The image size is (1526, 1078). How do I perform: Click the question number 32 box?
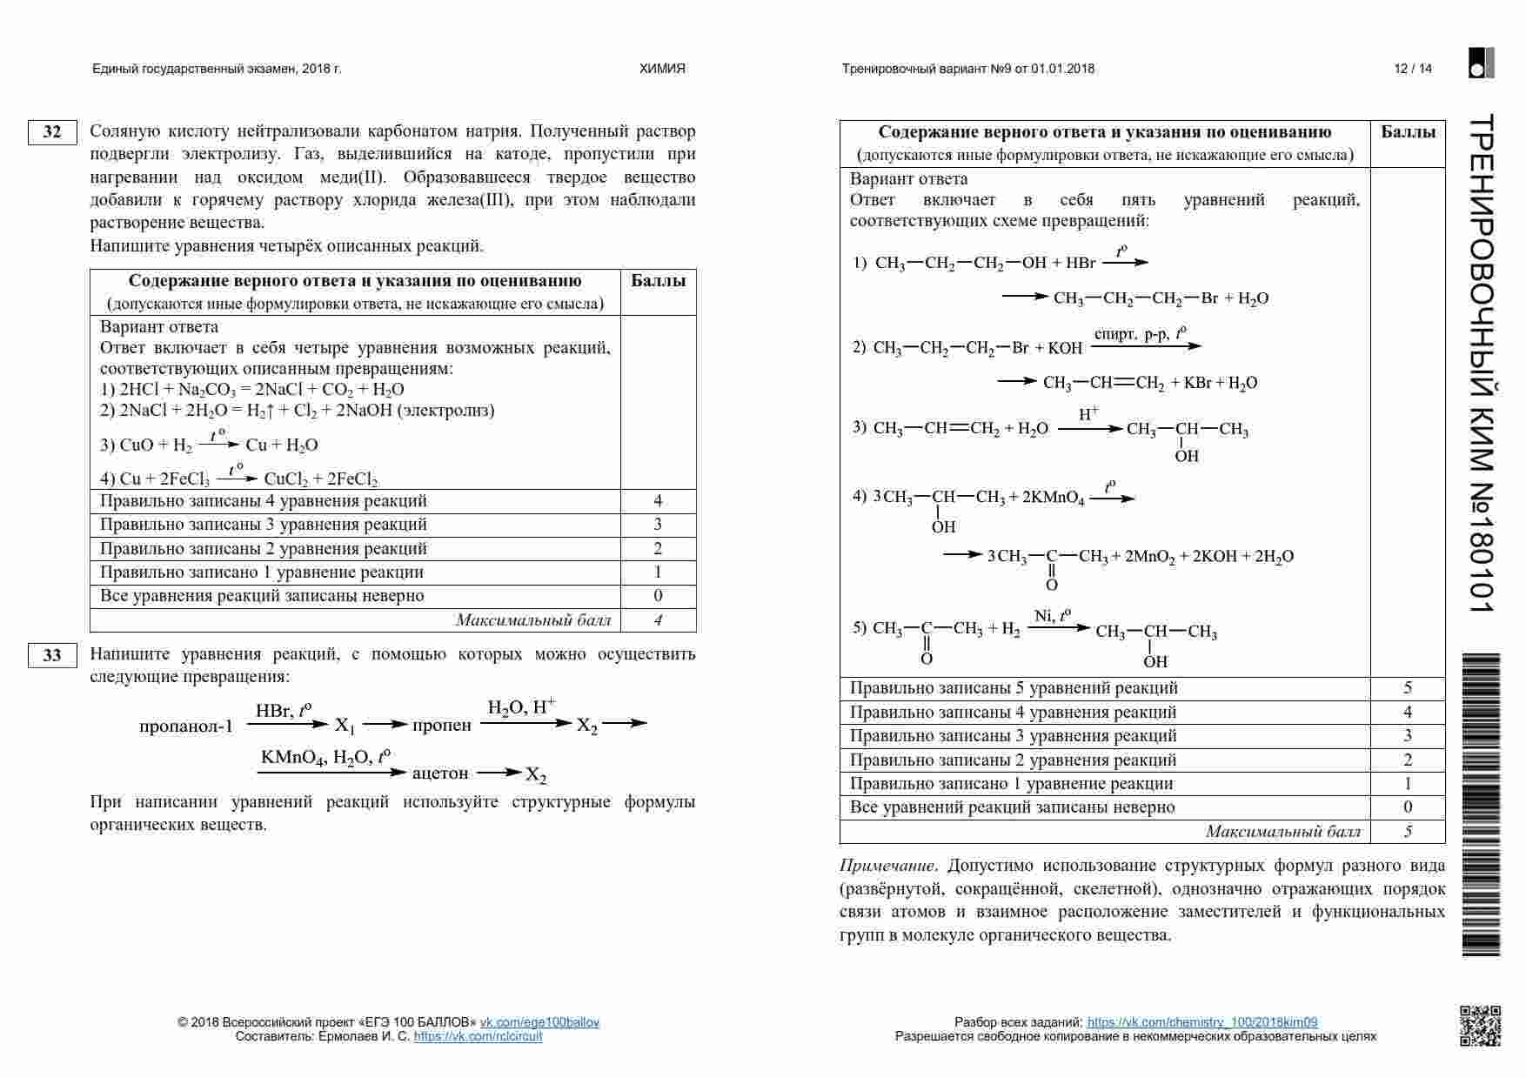coord(52,132)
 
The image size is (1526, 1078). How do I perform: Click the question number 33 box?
coord(52,655)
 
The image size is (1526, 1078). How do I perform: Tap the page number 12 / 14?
coord(1413,69)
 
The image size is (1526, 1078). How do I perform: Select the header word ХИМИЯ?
coord(663,69)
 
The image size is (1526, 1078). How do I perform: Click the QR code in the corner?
coord(1480,1025)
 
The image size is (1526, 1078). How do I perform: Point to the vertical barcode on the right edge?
coord(1481,805)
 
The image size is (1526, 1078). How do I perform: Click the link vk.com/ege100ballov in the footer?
coord(539,1022)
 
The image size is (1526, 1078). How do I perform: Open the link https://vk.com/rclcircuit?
coord(478,1036)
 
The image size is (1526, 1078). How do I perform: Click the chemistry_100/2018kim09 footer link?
coord(1202,1022)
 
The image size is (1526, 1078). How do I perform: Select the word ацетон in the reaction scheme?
coord(440,773)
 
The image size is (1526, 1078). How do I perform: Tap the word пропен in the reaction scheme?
coord(442,726)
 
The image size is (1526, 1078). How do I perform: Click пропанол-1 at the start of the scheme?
coord(186,726)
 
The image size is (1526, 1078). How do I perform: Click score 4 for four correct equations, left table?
coord(658,501)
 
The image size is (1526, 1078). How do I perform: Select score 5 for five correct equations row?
coord(1408,688)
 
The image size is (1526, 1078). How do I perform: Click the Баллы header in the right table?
coord(1408,132)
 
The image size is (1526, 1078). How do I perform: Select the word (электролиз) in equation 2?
coord(445,411)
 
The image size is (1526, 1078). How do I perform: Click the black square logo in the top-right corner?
coord(1481,63)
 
